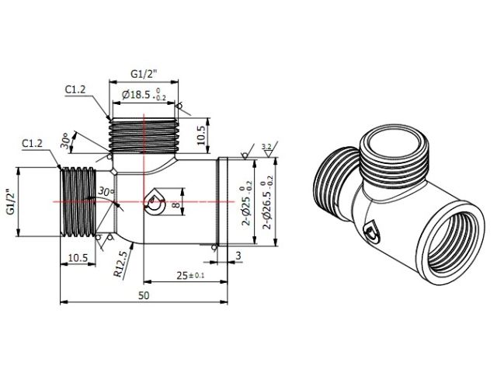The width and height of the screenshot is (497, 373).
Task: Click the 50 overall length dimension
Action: pos(144,296)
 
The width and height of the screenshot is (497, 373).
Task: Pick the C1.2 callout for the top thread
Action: pos(75,89)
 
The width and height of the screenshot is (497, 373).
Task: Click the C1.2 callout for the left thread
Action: pos(32,144)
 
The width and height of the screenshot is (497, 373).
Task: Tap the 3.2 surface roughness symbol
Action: pos(266,146)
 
